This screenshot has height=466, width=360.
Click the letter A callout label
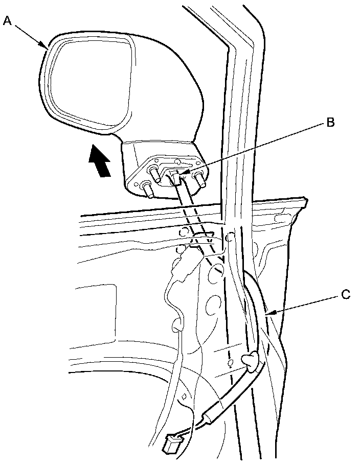7,20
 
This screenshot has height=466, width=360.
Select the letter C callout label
346,295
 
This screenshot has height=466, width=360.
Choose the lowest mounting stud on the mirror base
148,190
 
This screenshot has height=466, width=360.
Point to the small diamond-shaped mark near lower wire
184,397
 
